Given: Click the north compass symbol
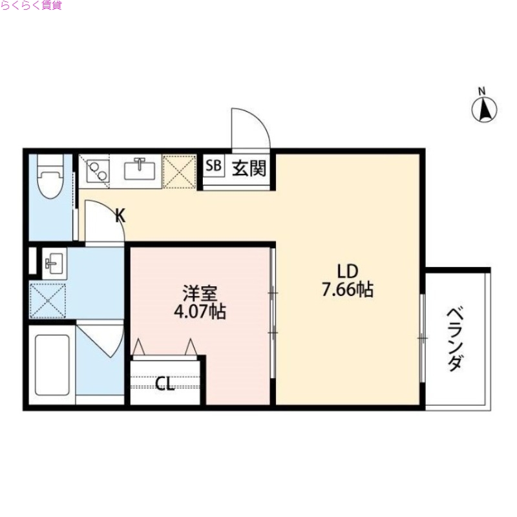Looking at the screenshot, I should (x=485, y=108).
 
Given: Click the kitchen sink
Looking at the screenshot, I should (x=138, y=170).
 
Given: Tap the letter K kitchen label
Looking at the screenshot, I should (x=120, y=216).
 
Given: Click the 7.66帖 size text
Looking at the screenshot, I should (x=348, y=290).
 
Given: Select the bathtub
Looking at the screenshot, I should (x=51, y=366).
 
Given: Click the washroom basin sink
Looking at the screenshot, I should (x=52, y=262).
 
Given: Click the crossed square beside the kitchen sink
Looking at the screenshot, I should (x=179, y=170).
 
